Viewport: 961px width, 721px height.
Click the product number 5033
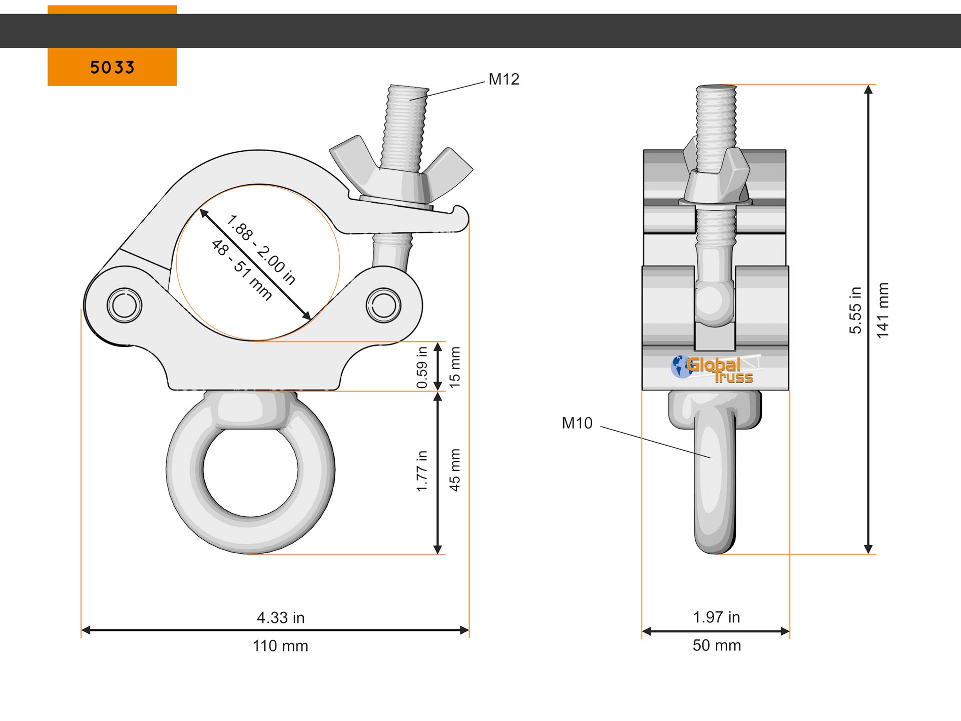[112, 68]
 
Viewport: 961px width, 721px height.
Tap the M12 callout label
[504, 79]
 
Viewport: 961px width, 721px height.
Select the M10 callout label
[577, 423]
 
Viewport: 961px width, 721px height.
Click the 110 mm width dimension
[280, 646]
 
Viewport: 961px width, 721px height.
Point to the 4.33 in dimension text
[280, 618]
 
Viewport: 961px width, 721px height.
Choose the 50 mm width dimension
[717, 645]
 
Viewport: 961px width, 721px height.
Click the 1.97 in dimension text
[716, 617]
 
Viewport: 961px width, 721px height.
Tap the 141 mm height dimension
[882, 310]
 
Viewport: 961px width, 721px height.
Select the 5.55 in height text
[855, 310]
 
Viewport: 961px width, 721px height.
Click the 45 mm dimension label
[454, 470]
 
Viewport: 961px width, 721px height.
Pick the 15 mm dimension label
[454, 368]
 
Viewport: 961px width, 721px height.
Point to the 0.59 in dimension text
[422, 368]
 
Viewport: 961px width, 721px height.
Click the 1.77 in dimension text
[422, 471]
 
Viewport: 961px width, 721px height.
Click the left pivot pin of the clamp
[124, 305]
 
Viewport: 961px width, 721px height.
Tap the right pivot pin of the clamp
[383, 305]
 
